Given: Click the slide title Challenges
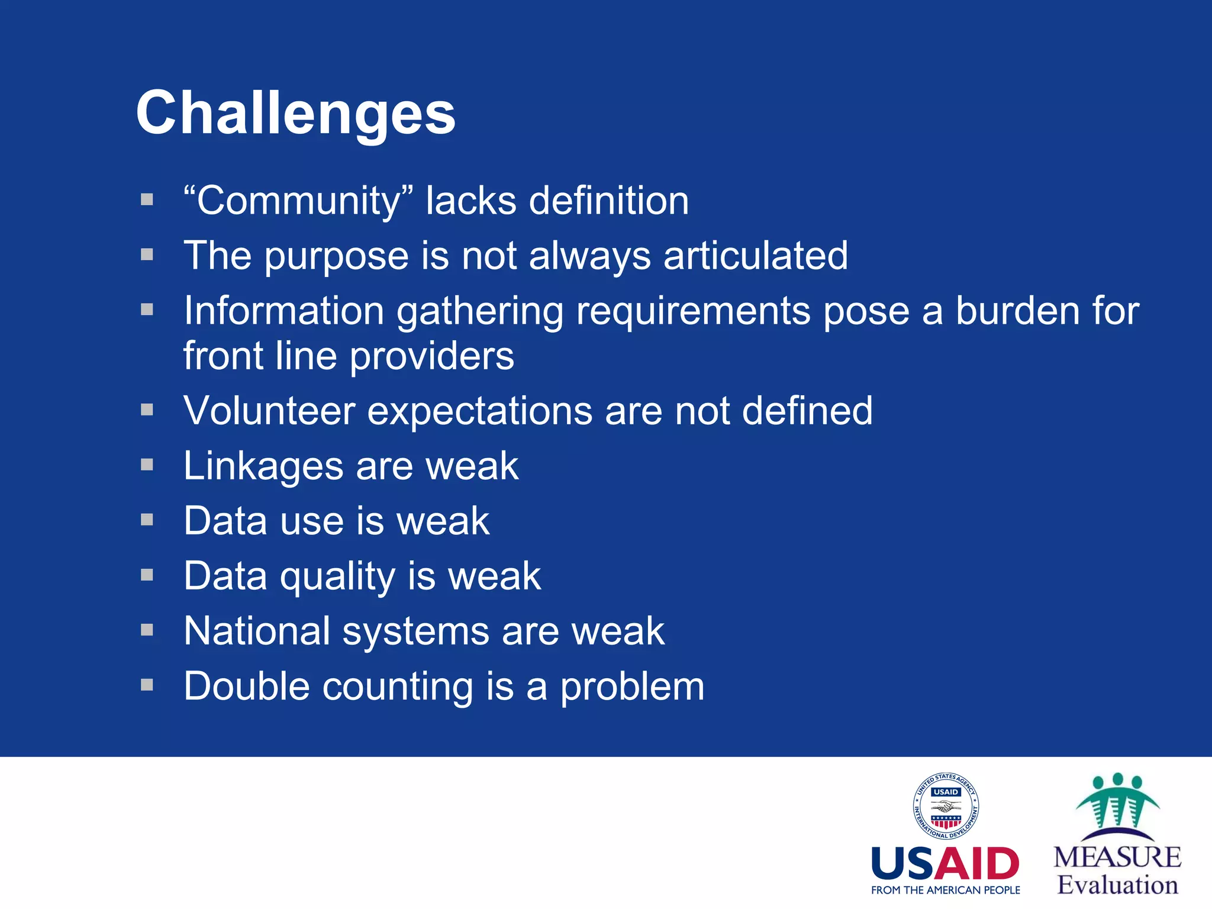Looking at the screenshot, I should tap(295, 112).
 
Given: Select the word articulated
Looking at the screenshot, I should tap(755, 256).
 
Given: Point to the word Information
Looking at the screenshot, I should tap(283, 311).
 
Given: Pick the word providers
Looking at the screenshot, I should tap(432, 356).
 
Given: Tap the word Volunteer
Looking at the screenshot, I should tap(269, 411).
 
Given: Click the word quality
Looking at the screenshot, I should tap(338, 576).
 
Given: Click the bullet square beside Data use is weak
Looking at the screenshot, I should tap(147, 520).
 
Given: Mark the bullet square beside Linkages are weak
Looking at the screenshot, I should tap(147, 465).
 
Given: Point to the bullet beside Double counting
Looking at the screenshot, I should tap(147, 685).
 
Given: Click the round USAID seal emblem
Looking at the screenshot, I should tap(945, 806).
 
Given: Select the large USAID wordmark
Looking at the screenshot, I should tap(945, 864).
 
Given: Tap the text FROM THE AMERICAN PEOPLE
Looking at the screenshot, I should tap(945, 890).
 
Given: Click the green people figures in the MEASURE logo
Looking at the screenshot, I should tap(1117, 802).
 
